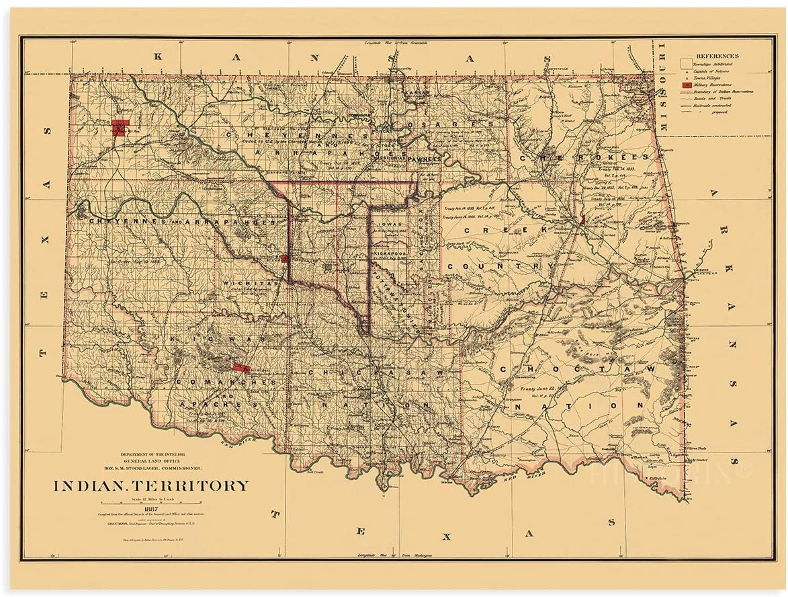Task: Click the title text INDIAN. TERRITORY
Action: point(150,485)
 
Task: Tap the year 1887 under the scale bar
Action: point(150,508)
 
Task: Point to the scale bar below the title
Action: point(150,502)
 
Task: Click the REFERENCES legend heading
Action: point(717,56)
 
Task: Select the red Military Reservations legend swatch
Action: point(686,85)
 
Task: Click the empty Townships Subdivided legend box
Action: point(686,63)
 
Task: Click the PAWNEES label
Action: point(423,159)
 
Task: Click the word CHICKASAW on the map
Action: point(376,372)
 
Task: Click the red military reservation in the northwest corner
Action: point(120,128)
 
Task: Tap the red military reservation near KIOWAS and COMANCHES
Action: point(240,367)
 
